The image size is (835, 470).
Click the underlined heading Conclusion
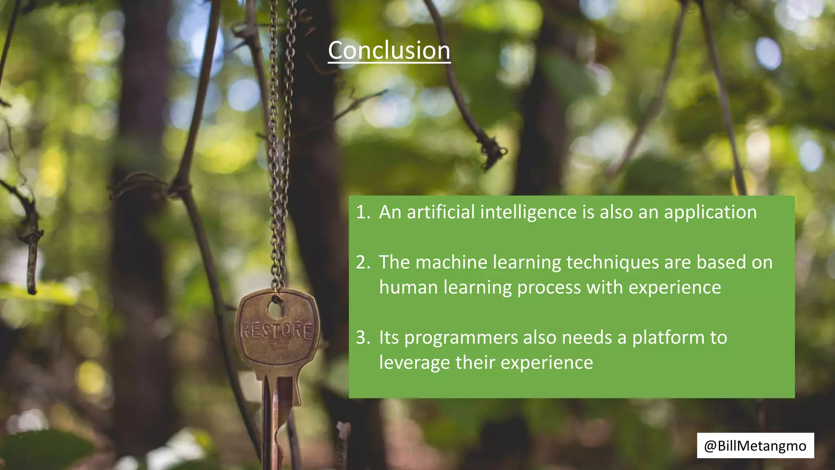389,51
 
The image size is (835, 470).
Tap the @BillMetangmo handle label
755,446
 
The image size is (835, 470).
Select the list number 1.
362,212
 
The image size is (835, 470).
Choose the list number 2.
362,262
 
